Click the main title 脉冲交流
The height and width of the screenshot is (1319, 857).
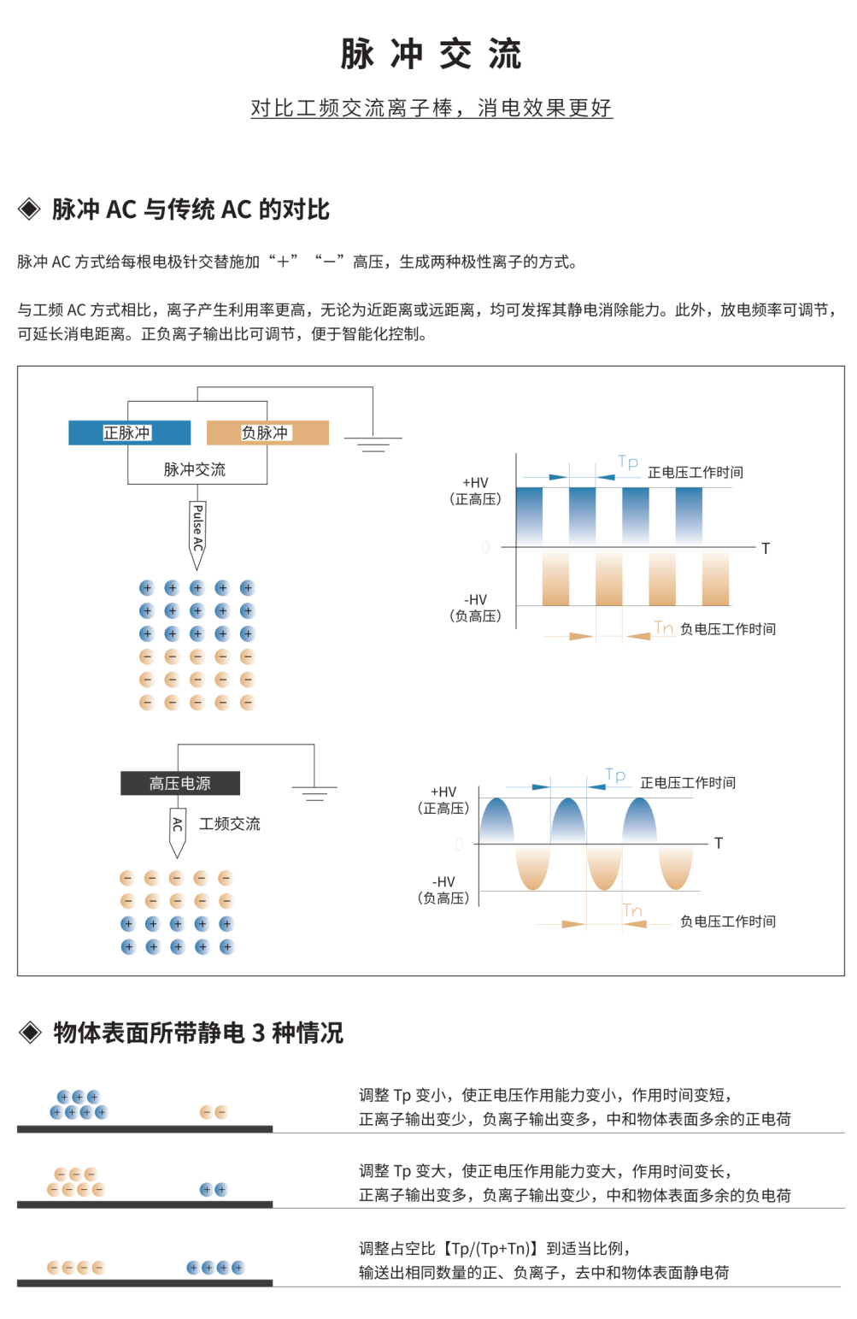[431, 54]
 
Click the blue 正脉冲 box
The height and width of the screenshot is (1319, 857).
[130, 433]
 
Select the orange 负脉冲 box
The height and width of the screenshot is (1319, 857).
[267, 433]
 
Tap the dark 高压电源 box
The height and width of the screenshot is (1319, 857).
[180, 783]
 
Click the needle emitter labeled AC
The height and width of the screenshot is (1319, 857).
[177, 833]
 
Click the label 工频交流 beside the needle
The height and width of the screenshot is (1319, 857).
[230, 824]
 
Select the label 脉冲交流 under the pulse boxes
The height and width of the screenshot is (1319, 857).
[194, 469]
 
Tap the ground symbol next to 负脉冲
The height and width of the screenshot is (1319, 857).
[373, 445]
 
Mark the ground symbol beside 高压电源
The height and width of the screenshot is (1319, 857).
[314, 794]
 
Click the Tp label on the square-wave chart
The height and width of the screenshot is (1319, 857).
[628, 462]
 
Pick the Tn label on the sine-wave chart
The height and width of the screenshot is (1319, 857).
[633, 910]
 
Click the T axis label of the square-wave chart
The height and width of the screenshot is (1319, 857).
[766, 549]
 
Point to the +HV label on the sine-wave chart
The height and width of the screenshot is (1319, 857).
[443, 792]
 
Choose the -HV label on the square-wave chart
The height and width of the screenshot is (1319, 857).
[476, 600]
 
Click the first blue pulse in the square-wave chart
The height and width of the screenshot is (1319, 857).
[529, 516]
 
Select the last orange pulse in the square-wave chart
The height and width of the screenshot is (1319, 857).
[716, 578]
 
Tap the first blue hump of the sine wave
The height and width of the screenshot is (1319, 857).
[496, 821]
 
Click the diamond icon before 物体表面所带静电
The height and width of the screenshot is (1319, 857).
[30, 1033]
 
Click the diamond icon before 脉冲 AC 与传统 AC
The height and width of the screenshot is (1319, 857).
[29, 209]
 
